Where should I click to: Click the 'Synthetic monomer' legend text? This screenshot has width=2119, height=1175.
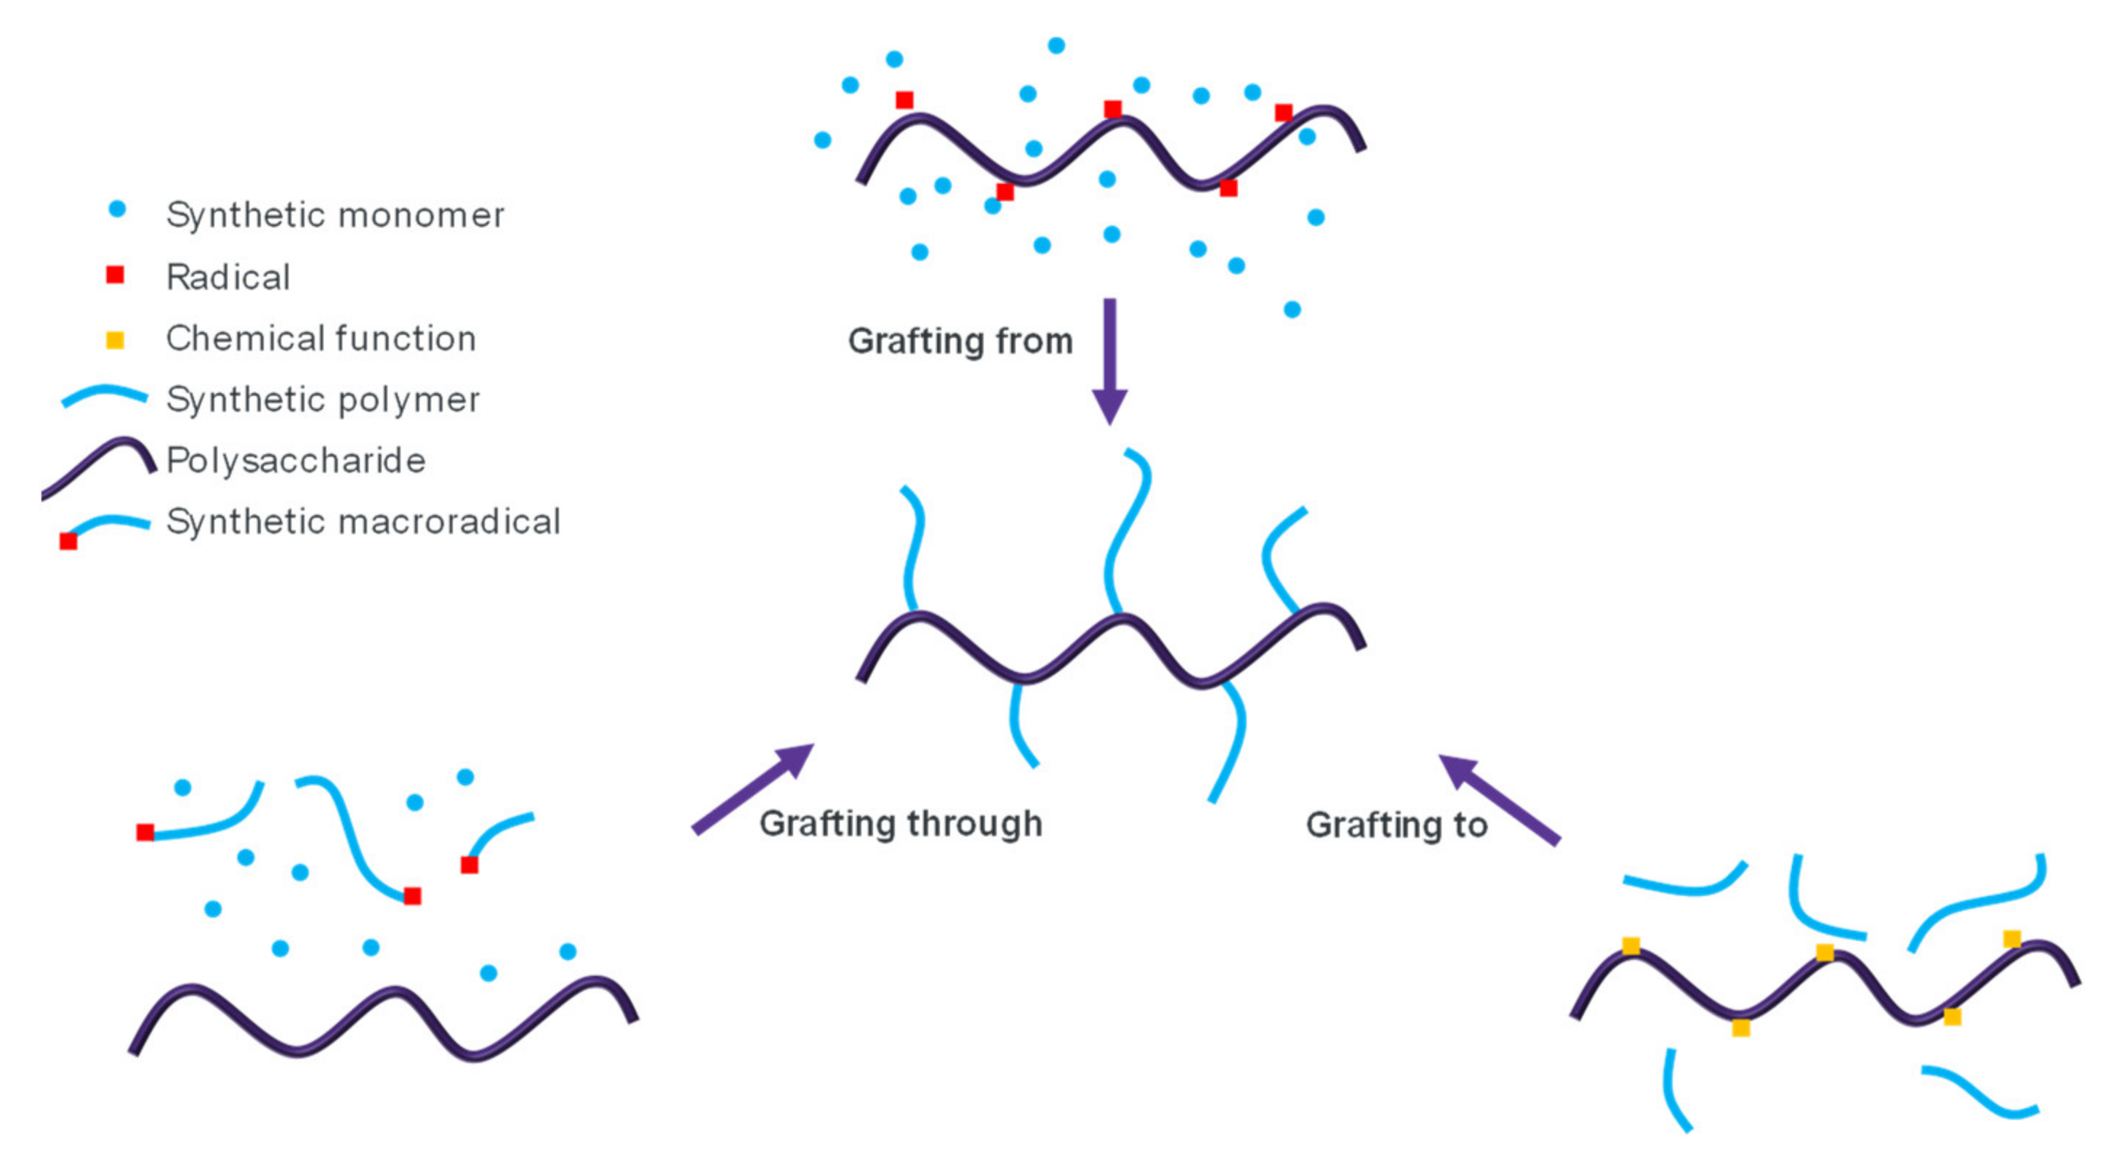(x=335, y=215)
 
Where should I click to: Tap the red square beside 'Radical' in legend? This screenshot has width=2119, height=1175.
(x=115, y=275)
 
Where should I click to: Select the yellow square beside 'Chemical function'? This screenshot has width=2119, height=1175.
(x=115, y=339)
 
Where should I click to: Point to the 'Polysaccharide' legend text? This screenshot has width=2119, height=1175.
(x=296, y=461)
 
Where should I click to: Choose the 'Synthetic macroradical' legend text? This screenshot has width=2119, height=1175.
(x=363, y=521)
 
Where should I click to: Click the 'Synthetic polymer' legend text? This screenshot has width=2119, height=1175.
(x=323, y=400)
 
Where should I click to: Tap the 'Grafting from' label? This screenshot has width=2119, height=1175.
(x=960, y=340)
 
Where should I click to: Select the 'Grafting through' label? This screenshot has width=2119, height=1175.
(x=901, y=823)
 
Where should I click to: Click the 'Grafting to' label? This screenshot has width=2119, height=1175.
(x=1396, y=825)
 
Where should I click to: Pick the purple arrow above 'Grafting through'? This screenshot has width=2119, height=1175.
(x=752, y=788)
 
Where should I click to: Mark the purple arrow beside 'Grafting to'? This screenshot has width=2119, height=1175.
(x=1499, y=799)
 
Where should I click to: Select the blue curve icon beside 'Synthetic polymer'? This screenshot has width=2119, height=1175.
(x=105, y=395)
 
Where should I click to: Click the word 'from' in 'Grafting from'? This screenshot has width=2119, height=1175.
(x=1034, y=340)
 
